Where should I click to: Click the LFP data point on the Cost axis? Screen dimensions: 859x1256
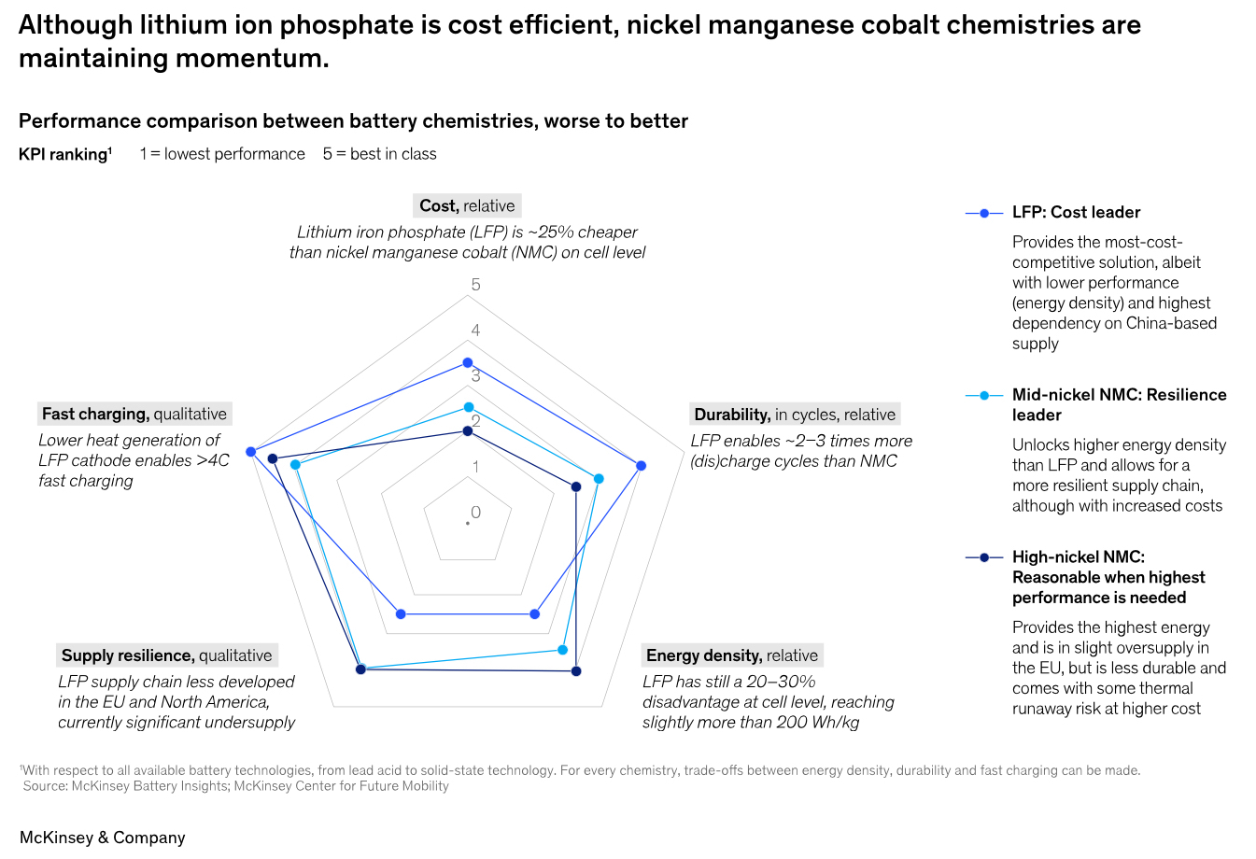click(x=468, y=362)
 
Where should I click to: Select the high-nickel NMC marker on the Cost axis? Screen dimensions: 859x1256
click(x=468, y=430)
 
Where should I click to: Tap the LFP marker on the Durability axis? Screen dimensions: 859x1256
click(x=641, y=465)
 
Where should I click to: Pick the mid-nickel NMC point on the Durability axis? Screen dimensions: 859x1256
click(x=599, y=479)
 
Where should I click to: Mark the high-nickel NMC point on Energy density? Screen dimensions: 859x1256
click(x=576, y=671)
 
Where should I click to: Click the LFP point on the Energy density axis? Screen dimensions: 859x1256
click(x=535, y=614)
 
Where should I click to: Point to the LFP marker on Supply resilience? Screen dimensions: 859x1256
click(x=401, y=614)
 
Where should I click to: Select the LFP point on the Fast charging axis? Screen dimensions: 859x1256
click(x=250, y=452)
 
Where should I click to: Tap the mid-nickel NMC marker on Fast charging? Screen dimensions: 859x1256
click(x=295, y=464)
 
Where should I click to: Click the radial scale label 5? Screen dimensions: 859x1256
click(x=476, y=285)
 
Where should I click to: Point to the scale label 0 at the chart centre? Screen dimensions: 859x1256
click(x=476, y=513)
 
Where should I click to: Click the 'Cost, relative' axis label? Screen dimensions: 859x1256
click(x=467, y=205)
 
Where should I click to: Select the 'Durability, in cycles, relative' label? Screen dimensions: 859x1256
click(x=795, y=415)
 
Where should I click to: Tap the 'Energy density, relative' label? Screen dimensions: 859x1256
click(x=732, y=655)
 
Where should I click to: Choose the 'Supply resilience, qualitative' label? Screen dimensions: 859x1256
click(x=166, y=655)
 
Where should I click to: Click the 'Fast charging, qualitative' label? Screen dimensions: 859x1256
click(x=134, y=414)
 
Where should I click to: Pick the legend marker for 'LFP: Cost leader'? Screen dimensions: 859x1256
click(x=984, y=214)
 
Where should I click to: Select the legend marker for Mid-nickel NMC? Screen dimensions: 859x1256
click(x=984, y=396)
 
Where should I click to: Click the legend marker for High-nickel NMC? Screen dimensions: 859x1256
click(x=984, y=557)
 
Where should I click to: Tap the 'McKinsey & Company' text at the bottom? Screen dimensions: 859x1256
click(x=103, y=838)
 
